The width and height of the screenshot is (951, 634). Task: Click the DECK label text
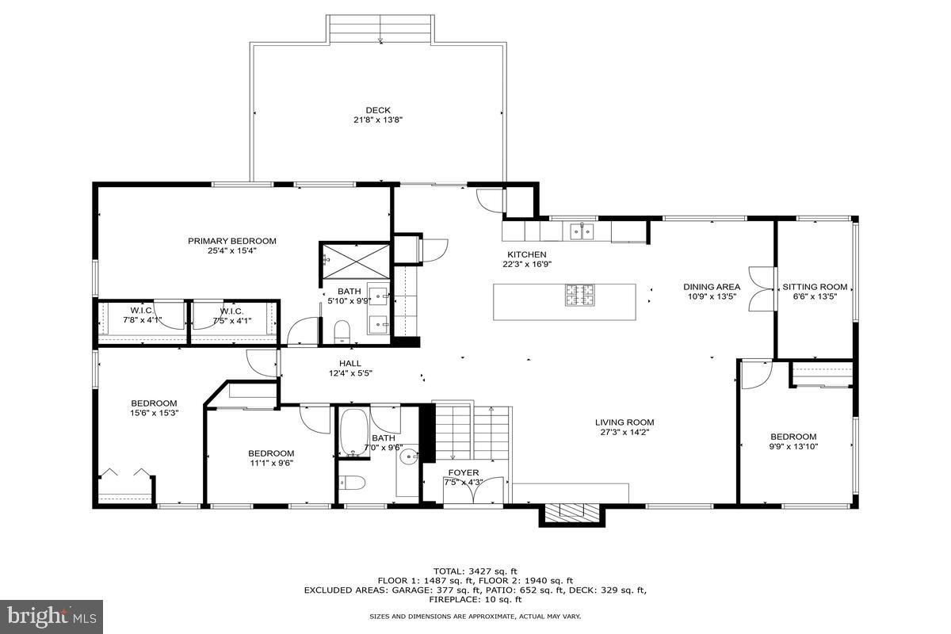click(x=378, y=110)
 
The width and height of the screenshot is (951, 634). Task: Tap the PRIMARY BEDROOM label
click(x=231, y=241)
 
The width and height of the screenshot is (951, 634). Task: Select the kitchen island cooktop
click(x=579, y=295)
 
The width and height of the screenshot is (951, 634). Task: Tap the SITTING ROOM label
click(x=815, y=287)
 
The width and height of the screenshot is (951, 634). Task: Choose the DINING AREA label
click(x=712, y=287)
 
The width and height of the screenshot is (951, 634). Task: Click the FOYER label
click(x=462, y=472)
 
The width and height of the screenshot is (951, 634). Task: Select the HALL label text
click(x=350, y=364)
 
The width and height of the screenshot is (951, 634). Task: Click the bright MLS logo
click(x=52, y=615)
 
